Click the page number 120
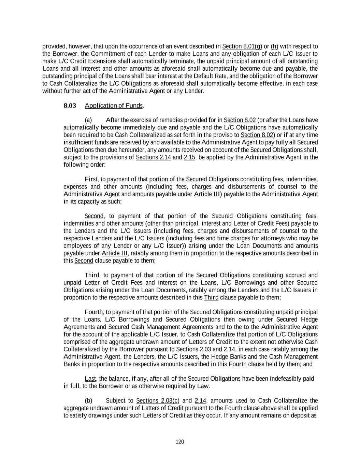click(x=180, y=442)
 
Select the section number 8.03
click(x=70, y=105)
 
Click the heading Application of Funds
click(x=114, y=105)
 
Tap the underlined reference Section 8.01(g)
click(x=242, y=46)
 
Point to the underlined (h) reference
click(x=274, y=46)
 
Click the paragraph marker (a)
click(x=88, y=120)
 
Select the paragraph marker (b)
click(x=88, y=401)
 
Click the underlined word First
click(x=91, y=179)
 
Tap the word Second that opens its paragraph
click(x=94, y=216)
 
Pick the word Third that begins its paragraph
click(x=92, y=275)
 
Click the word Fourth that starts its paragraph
click(x=93, y=312)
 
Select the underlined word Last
click(x=90, y=379)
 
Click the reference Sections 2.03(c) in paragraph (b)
click(x=158, y=401)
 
